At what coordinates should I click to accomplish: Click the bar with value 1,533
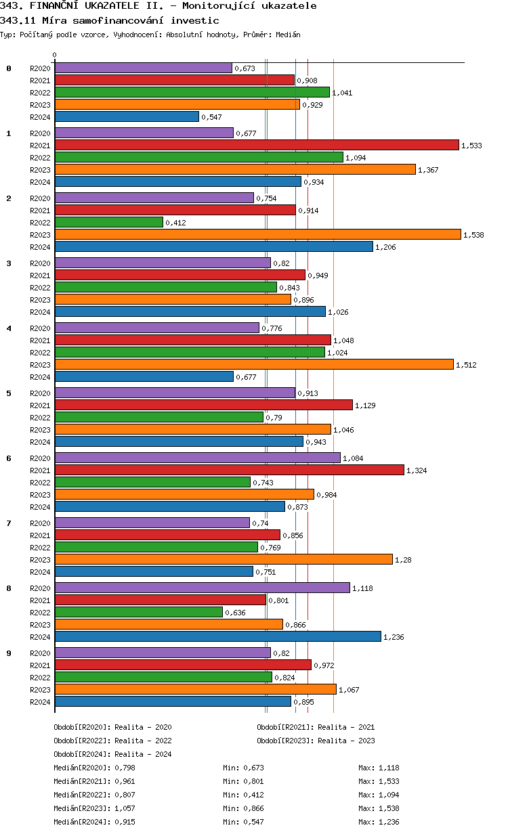257,145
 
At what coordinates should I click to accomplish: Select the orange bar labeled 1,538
257,234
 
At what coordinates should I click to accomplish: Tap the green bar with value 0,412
108,222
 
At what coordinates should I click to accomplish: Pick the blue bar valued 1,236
217,636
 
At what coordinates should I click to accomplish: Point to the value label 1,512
466,365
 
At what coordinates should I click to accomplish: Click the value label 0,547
211,117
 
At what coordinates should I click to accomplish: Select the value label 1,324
417,470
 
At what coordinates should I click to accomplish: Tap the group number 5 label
9,393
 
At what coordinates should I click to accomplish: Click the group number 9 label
9,653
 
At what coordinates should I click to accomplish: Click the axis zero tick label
55,56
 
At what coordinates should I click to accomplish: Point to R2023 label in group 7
40,560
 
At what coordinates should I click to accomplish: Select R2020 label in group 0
40,68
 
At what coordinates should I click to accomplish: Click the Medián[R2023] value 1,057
125,808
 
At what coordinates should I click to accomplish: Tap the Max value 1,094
389,795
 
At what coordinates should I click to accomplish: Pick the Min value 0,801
253,781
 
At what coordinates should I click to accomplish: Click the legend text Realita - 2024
143,754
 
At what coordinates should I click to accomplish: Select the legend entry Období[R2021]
285,727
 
